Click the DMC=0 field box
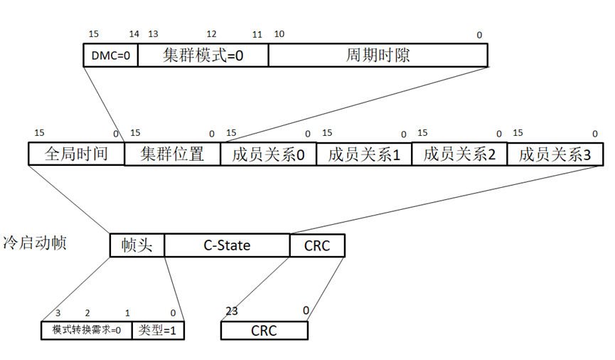[110, 55]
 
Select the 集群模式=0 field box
[203, 55]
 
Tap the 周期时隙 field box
[378, 55]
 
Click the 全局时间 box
[76, 154]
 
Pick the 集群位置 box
[172, 154]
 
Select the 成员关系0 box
[268, 154]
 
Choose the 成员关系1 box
[363, 154]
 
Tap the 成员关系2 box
[459, 154]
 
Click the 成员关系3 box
[555, 154]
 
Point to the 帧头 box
[137, 245]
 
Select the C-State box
[227, 245]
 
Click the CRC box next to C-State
[317, 245]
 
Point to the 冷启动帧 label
[35, 243]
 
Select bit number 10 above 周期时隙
[279, 34]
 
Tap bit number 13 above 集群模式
[153, 34]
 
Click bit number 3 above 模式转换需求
[58, 312]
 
